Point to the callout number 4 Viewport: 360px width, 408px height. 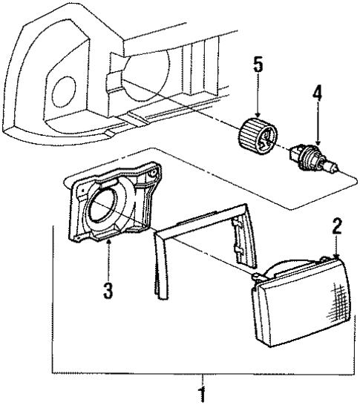[317, 95]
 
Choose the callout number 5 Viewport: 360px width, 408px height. [258, 64]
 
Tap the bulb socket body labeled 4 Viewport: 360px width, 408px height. [305, 159]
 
